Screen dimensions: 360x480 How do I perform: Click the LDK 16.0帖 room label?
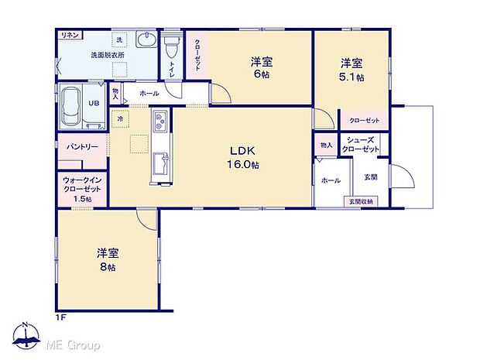click(x=242, y=157)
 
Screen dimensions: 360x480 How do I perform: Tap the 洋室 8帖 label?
click(x=107, y=259)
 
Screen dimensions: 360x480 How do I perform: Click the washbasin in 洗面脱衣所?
click(x=145, y=40)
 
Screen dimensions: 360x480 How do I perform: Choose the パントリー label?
click(x=81, y=146)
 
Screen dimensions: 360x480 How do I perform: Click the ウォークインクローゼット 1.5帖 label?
click(x=82, y=188)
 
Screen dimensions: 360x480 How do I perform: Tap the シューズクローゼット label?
click(x=362, y=144)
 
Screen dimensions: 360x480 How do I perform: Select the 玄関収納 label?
click(x=360, y=201)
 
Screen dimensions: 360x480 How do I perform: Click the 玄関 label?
click(x=370, y=177)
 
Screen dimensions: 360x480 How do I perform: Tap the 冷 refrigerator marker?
click(x=120, y=119)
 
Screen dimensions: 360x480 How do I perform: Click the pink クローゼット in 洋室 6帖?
click(x=197, y=55)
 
